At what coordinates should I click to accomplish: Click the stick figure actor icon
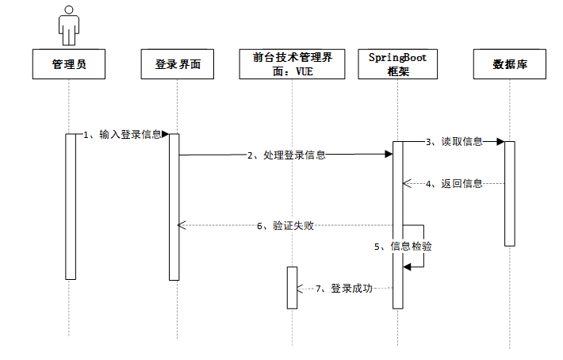pyautogui.click(x=69, y=24)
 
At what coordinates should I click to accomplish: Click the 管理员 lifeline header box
pyautogui.click(x=69, y=65)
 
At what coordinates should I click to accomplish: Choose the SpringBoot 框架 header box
pyautogui.click(x=397, y=65)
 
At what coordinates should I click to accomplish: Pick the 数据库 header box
pyautogui.click(x=510, y=65)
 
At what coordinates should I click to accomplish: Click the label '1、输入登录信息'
pyautogui.click(x=123, y=135)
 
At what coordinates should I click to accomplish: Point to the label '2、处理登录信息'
pyautogui.click(x=286, y=155)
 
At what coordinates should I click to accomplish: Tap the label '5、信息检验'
pyautogui.click(x=404, y=247)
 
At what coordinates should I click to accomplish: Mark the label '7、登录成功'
pyautogui.click(x=344, y=288)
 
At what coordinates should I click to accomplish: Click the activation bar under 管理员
pyautogui.click(x=70, y=206)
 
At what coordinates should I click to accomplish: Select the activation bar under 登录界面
pyautogui.click(x=174, y=206)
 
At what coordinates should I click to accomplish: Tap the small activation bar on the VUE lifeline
pyautogui.click(x=292, y=287)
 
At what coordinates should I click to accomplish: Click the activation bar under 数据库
pyautogui.click(x=510, y=193)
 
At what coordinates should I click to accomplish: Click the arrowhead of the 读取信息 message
pyautogui.click(x=500, y=142)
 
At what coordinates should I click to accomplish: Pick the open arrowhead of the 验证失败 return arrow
pyautogui.click(x=182, y=226)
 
